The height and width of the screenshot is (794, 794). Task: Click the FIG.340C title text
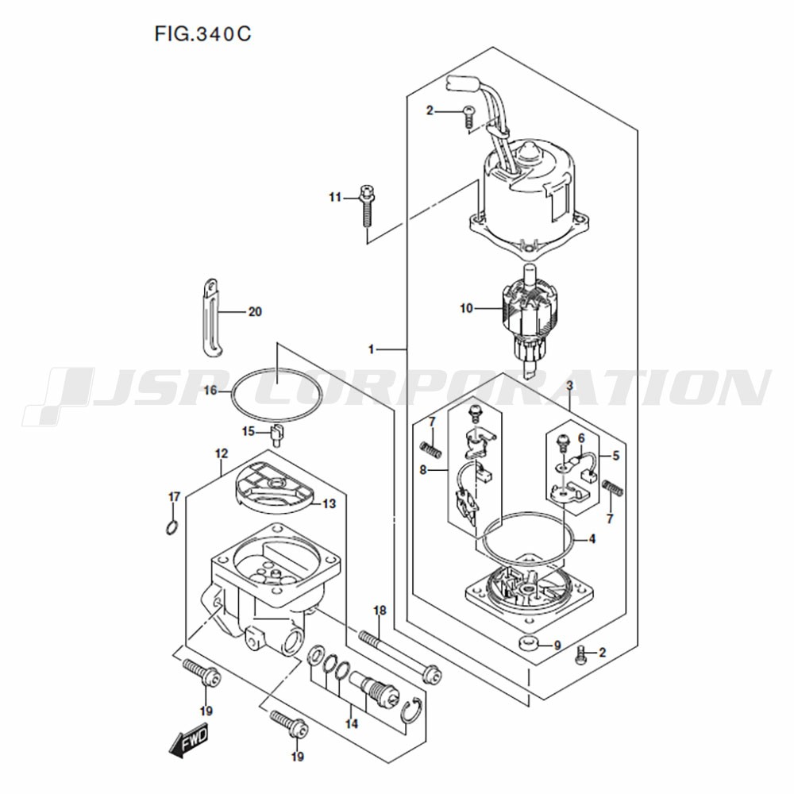202,34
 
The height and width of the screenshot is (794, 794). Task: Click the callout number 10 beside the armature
466,308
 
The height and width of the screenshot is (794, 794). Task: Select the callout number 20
255,311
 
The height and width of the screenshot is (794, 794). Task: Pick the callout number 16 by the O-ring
210,391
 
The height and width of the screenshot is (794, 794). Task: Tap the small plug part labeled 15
277,435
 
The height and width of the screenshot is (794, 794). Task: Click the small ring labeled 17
172,528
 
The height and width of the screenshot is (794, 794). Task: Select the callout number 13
330,504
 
